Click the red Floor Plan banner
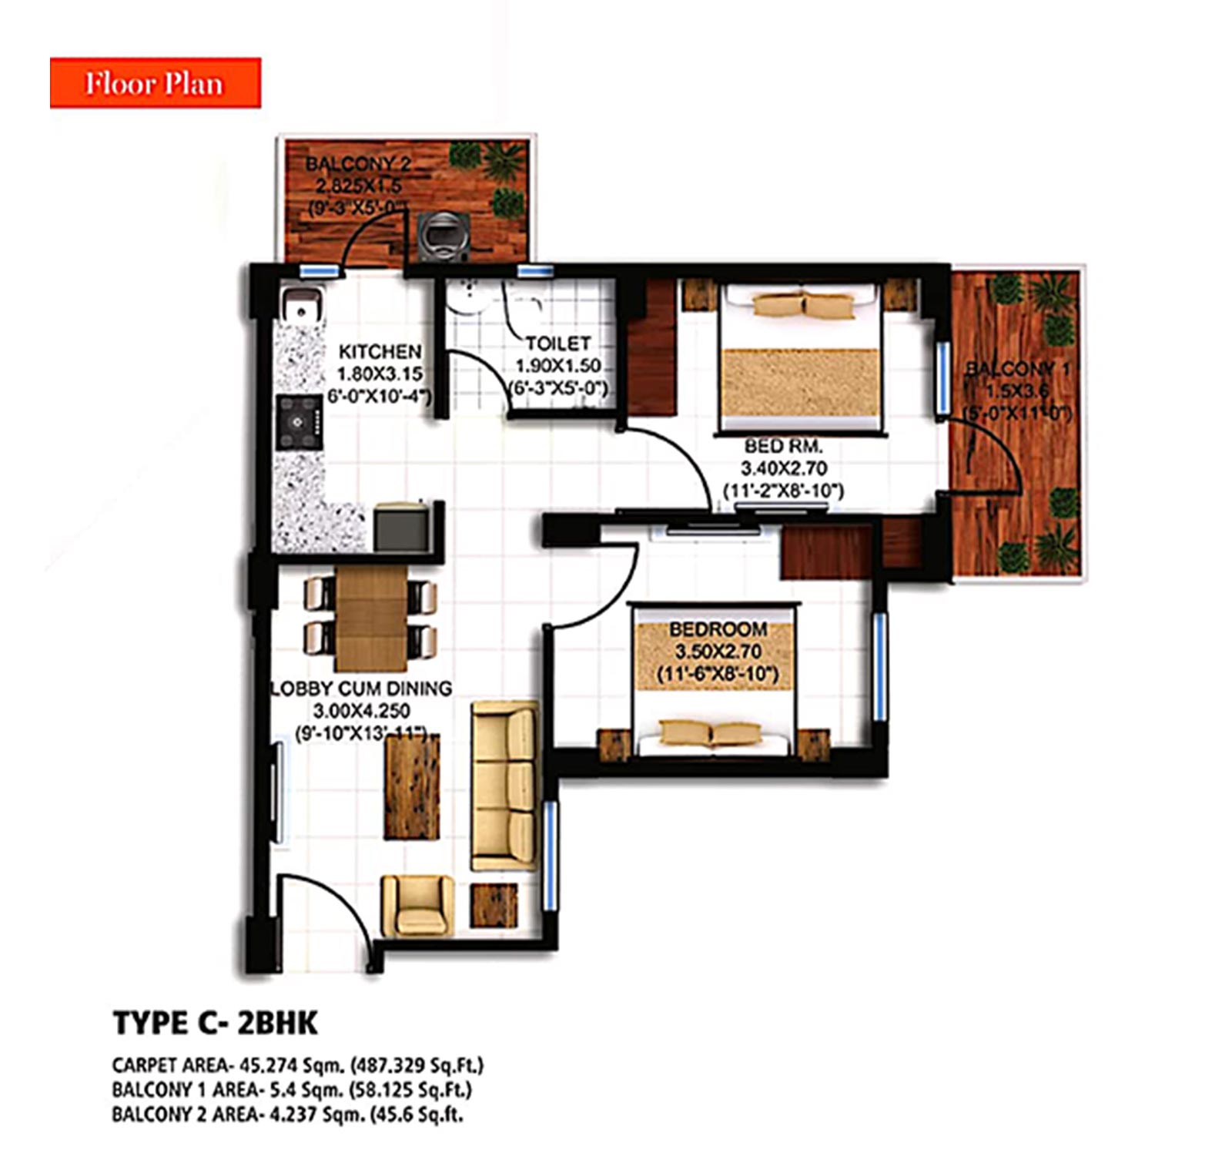pos(155,82)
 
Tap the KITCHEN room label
pos(380,352)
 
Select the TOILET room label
pos(558,344)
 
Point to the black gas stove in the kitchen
pos(298,422)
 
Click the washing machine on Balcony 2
pos(443,235)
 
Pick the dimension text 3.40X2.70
pos(783,468)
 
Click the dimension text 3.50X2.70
pos(718,652)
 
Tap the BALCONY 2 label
pos(358,164)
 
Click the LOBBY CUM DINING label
pos(362,689)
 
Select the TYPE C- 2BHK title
pos(215,1023)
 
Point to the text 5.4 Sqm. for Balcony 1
pos(301,1090)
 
